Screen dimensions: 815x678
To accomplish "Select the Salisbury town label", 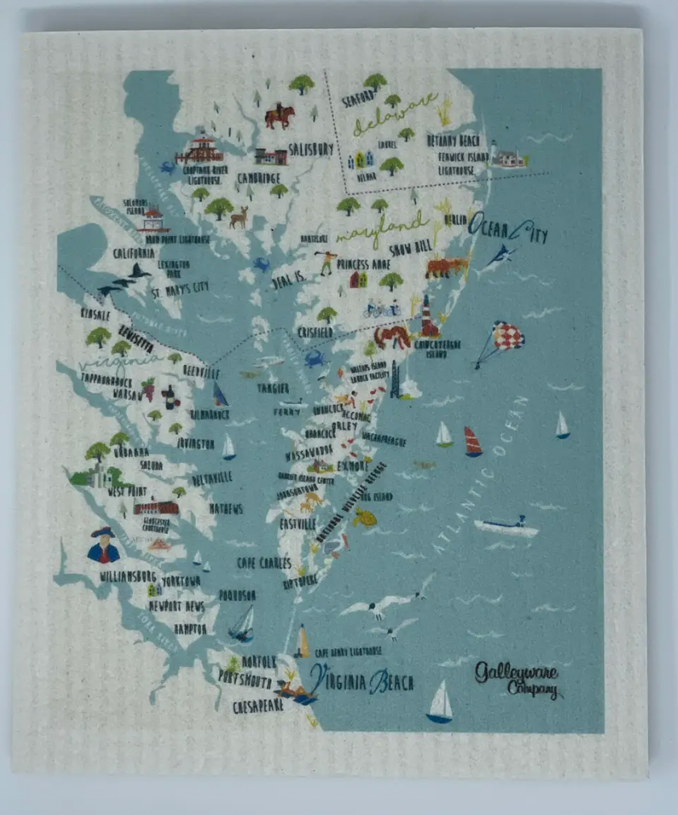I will tap(310, 149).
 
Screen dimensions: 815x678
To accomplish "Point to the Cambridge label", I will tap(259, 178).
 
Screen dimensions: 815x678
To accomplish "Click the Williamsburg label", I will tap(127, 577).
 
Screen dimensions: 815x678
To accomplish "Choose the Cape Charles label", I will tap(263, 563).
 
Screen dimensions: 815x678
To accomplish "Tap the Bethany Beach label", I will tap(453, 140).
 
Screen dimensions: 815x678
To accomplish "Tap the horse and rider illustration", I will tap(279, 115).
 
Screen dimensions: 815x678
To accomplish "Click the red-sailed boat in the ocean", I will tap(473, 441).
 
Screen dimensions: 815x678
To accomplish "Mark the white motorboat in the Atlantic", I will tap(506, 527).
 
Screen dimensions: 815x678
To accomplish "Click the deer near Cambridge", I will tap(238, 217).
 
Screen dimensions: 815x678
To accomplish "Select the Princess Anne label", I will tap(365, 263).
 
